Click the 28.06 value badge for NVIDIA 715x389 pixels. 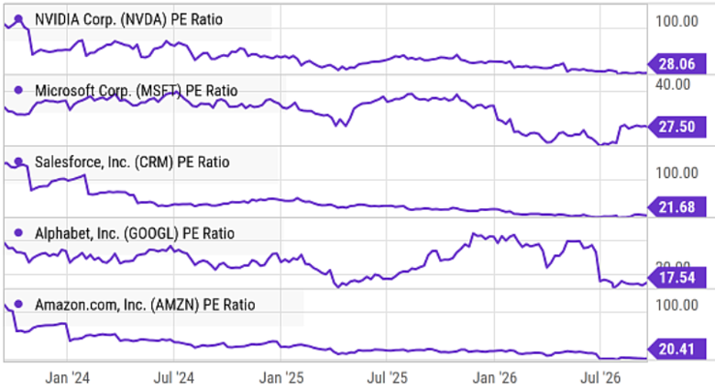(x=676, y=64)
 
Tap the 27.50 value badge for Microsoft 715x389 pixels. (x=676, y=127)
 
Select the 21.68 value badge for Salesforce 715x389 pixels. (x=676, y=206)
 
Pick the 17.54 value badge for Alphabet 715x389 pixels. (x=676, y=278)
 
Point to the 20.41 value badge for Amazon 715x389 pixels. (x=676, y=350)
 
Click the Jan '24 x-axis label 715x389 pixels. (x=68, y=378)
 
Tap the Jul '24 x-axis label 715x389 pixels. (x=174, y=378)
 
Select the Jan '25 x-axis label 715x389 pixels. (x=281, y=378)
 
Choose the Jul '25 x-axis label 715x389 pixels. (x=387, y=378)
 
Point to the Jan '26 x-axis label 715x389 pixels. (x=495, y=378)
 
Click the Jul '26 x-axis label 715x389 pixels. (x=600, y=378)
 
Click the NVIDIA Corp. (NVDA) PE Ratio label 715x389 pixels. (x=128, y=19)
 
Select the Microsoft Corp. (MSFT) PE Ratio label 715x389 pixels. (x=137, y=91)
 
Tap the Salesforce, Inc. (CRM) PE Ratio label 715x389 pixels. (x=132, y=162)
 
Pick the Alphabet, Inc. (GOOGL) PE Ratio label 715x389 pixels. (x=135, y=233)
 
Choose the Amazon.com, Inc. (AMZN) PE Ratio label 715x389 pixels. (x=145, y=305)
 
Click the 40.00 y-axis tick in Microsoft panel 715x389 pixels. (x=673, y=84)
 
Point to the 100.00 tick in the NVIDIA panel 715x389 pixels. (x=676, y=21)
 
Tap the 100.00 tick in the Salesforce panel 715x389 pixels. (x=676, y=172)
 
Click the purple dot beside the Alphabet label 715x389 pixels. (x=18, y=233)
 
